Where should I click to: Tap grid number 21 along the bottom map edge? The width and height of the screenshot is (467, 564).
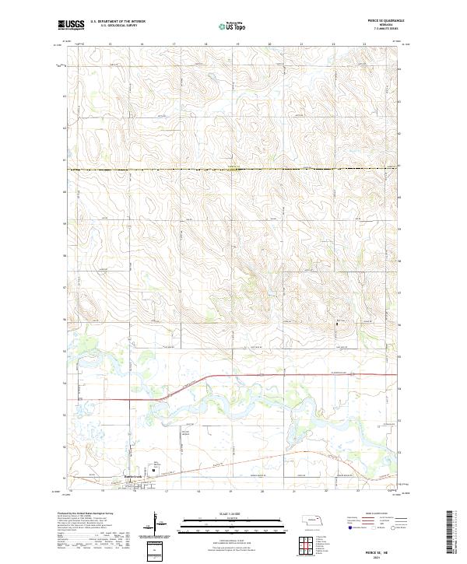(295, 492)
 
